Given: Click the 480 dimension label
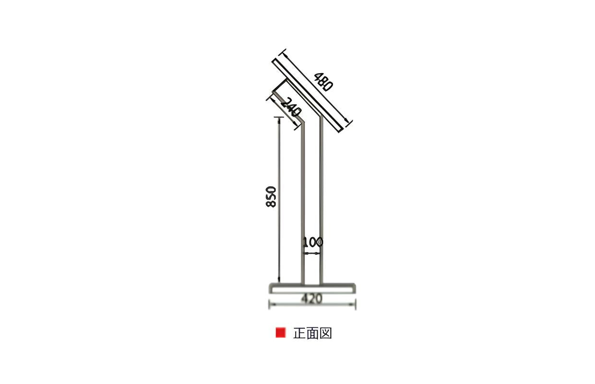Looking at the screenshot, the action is tap(323, 82).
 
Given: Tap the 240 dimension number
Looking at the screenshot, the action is tap(291, 107).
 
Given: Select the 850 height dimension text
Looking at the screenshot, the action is tap(271, 197).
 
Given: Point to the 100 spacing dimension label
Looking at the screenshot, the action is tap(313, 242).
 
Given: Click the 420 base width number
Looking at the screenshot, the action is tap(312, 299).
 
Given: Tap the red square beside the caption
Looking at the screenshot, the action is tap(281, 333).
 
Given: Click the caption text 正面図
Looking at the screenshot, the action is tap(313, 333).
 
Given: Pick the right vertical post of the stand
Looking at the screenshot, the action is tap(321, 199).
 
